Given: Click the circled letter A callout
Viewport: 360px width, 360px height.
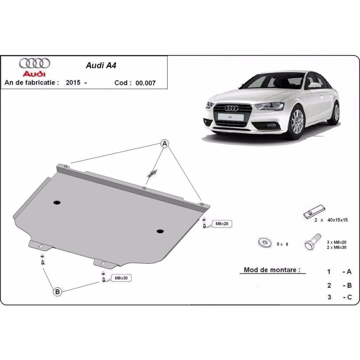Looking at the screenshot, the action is tap(165, 144).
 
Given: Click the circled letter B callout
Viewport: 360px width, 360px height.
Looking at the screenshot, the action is tap(57, 292).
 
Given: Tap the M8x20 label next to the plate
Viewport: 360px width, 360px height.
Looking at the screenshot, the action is tap(222, 223).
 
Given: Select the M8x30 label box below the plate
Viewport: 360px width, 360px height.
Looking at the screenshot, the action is tap(121, 278).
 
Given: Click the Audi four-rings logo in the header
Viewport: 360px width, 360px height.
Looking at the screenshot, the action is tap(35, 63).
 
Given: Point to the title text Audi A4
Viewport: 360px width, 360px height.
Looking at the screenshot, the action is tap(101, 65).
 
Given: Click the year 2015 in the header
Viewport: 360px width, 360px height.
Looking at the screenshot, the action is tap(73, 82).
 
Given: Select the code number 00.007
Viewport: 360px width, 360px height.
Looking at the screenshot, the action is tap(145, 83).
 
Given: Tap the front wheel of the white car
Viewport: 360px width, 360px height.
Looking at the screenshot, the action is tap(297, 122).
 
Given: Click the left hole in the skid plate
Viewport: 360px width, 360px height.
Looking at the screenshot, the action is tap(57, 202).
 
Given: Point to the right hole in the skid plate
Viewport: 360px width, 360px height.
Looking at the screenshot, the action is tap(160, 231).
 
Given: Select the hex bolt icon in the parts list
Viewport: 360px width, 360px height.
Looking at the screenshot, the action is tap(312, 242).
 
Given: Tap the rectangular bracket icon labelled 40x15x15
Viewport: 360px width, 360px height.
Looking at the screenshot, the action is tap(314, 212).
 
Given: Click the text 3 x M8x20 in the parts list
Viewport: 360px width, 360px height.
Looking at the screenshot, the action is tap(337, 242).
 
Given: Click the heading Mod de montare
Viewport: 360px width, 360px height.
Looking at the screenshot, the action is tap(272, 270).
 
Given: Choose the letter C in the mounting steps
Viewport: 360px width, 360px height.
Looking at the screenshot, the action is tap(349, 297).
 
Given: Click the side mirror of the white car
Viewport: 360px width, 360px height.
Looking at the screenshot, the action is tap(314, 85).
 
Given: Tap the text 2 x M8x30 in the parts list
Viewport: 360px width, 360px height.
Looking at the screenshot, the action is tap(337, 248).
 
